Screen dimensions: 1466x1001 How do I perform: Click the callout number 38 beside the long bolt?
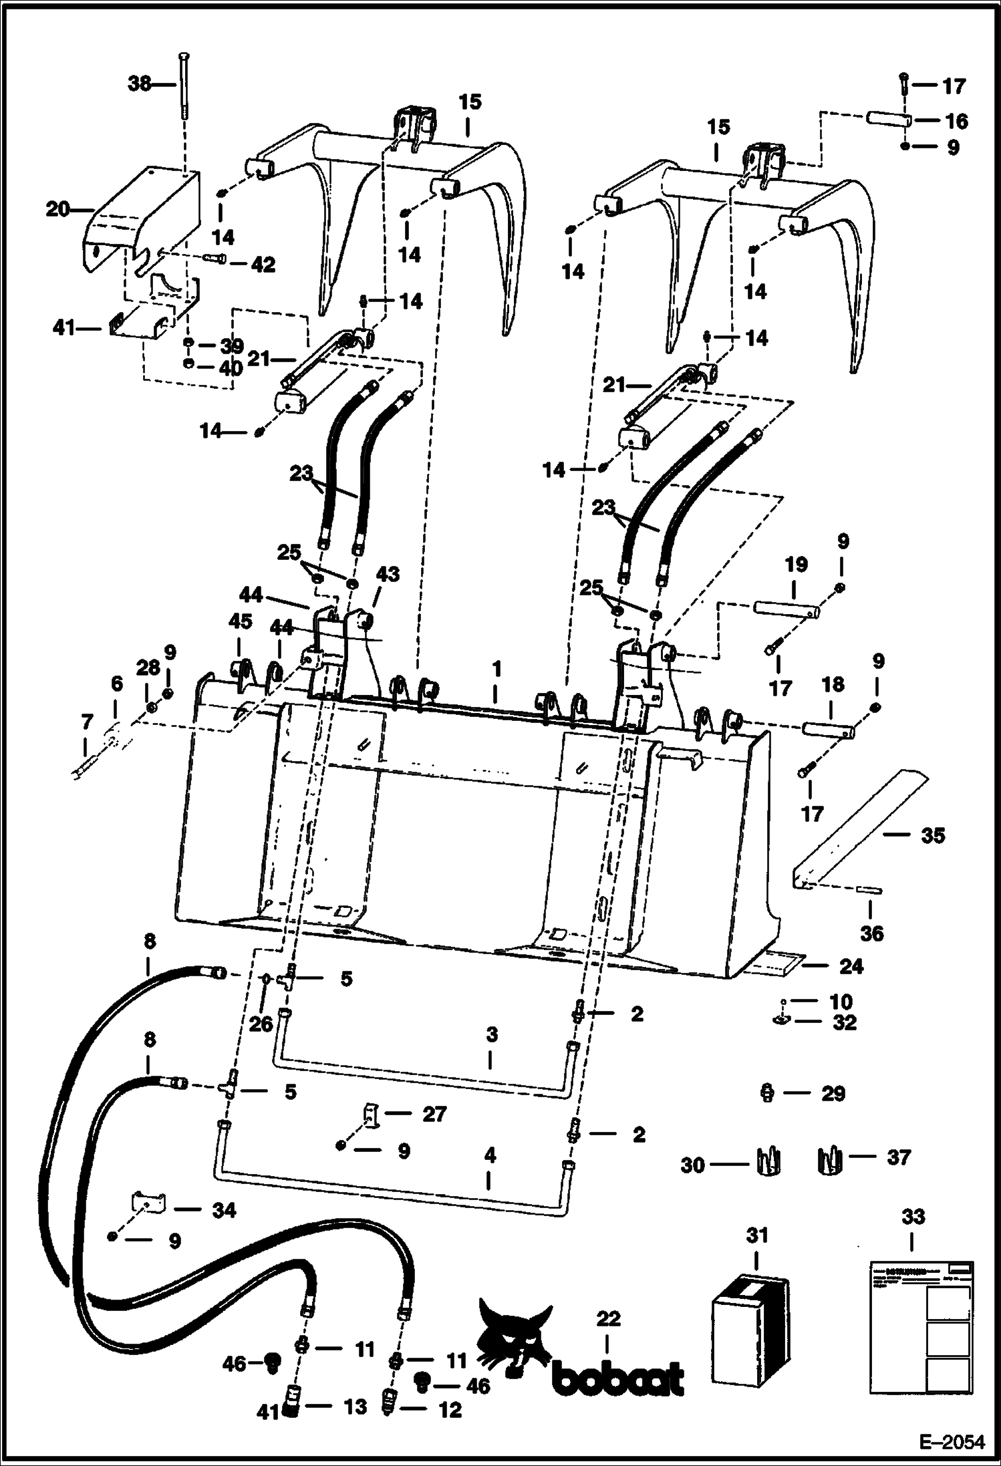139,85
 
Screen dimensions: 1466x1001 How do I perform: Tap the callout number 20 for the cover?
57,209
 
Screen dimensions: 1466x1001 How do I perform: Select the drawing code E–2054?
952,1442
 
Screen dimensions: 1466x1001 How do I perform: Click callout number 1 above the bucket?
496,668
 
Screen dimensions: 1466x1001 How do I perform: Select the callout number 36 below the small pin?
871,933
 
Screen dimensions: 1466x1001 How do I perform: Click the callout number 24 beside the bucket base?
851,966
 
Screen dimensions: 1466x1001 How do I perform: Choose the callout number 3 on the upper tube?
492,1035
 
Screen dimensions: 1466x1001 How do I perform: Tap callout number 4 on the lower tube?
490,1155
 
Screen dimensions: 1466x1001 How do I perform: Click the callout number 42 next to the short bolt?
262,265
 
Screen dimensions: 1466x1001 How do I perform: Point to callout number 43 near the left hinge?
388,574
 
